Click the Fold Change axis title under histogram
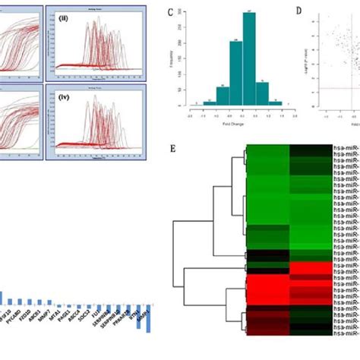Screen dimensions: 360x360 pos(240,119)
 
